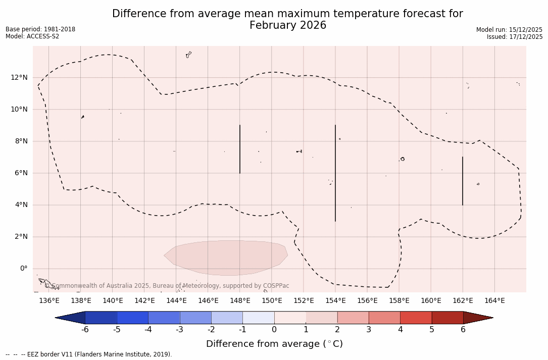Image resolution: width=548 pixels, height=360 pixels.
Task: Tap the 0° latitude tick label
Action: coord(23,268)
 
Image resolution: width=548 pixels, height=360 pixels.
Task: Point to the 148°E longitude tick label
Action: coord(240,300)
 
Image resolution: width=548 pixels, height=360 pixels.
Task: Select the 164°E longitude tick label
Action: coord(494,300)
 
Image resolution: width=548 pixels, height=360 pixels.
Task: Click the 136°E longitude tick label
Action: coord(49,300)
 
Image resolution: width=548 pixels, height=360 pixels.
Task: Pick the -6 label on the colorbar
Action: coord(85,330)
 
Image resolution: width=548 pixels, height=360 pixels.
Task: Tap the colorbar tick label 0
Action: coord(274,330)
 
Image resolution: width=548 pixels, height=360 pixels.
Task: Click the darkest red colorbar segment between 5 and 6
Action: coord(447,318)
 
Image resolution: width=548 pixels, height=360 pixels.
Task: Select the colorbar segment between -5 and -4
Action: coord(132,318)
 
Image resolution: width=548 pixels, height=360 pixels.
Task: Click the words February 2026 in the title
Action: coord(288,25)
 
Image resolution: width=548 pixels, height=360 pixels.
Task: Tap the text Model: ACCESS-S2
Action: coord(32,36)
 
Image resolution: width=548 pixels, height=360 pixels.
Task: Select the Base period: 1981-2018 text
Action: coord(40,29)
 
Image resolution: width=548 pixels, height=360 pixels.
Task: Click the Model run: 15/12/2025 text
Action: coord(509,30)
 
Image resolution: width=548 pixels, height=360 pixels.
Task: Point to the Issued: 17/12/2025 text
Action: coord(515,37)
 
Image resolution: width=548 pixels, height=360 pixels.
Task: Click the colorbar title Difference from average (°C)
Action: coord(274,344)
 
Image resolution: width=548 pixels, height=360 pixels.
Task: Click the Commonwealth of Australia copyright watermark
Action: coord(167,286)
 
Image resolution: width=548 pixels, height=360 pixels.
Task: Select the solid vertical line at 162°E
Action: coord(463,181)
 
